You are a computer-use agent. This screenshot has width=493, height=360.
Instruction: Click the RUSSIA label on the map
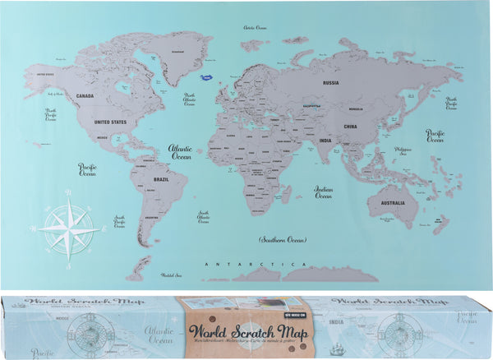point(331,82)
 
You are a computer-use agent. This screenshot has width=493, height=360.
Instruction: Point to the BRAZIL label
point(160,179)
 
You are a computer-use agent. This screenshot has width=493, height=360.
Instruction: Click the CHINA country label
point(350,127)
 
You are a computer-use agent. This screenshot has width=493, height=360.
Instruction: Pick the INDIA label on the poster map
point(325,140)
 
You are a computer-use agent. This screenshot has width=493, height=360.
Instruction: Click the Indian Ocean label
point(324,192)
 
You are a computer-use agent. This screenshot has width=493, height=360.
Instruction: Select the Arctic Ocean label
point(256,28)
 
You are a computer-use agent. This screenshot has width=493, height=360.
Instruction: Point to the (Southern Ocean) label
point(282,240)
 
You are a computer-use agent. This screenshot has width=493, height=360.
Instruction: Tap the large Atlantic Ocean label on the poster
point(181,153)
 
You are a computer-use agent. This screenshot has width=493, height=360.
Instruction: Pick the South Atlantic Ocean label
point(203,217)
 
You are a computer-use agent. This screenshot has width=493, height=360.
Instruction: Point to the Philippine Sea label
point(426,151)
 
